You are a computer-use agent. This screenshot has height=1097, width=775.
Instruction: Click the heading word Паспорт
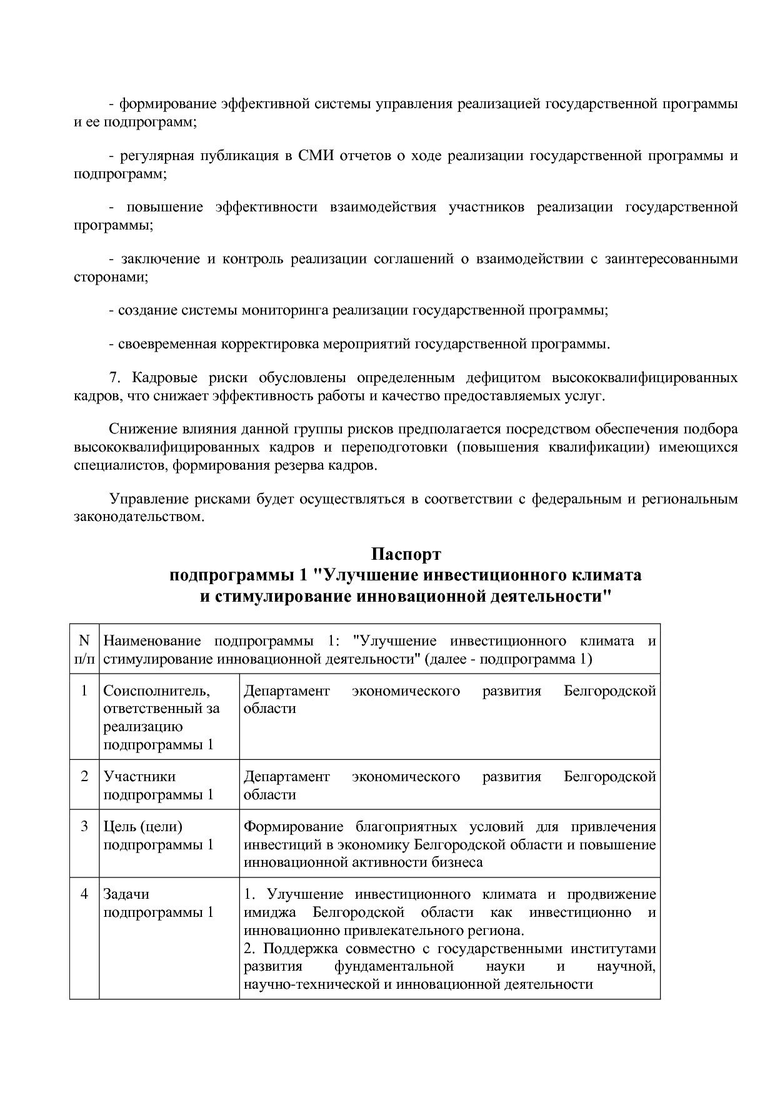pos(406,554)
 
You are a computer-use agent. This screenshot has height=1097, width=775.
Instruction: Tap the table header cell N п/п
pos(84,649)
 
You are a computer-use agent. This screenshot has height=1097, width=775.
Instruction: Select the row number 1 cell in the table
pos(84,691)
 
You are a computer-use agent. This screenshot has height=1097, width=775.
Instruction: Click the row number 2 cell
pos(84,776)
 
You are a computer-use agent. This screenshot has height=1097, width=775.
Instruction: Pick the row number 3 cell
pos(84,827)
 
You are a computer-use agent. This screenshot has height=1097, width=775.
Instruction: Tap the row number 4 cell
pos(84,894)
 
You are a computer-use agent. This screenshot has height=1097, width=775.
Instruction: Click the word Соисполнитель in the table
pos(156,691)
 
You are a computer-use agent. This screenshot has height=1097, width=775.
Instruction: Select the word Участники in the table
pos(139,776)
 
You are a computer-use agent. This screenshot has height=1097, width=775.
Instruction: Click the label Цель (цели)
pos(143,827)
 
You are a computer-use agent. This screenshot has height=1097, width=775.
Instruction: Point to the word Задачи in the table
pos(126,894)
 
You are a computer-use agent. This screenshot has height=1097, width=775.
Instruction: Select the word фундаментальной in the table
pos(394,966)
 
